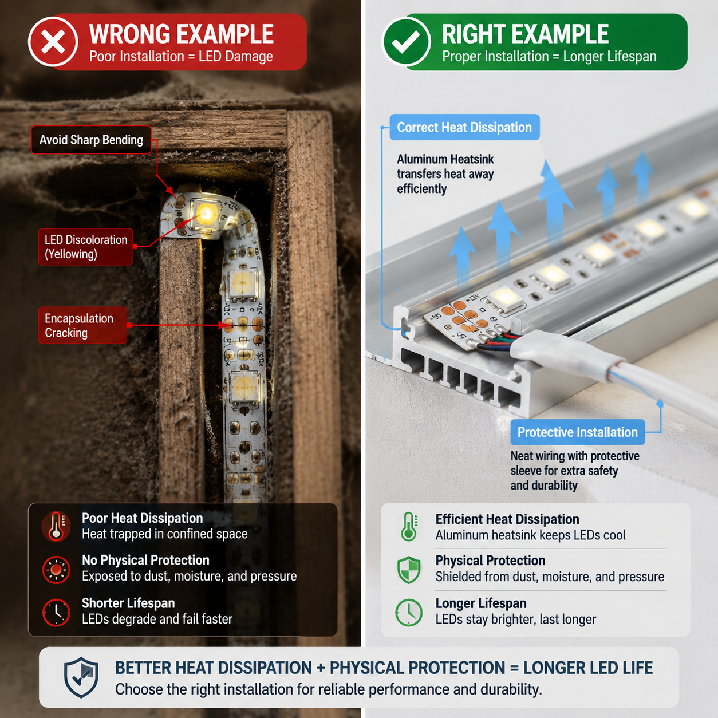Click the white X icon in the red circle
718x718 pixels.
click(x=53, y=42)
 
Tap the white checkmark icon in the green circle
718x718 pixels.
click(x=406, y=42)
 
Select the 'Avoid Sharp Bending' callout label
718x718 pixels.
click(x=91, y=140)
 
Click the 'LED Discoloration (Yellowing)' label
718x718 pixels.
click(x=86, y=247)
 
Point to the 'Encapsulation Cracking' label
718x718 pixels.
click(x=82, y=325)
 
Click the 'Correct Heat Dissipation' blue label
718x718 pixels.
click(x=464, y=127)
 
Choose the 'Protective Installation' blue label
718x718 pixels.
click(x=578, y=432)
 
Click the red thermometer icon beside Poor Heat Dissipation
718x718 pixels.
click(x=56, y=526)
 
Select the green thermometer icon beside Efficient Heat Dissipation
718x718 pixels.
click(x=409, y=526)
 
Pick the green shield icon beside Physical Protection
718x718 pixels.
click(x=409, y=570)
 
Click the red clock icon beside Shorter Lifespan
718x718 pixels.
click(x=56, y=612)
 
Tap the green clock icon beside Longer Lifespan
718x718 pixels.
click(x=409, y=612)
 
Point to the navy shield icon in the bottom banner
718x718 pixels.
click(x=81, y=677)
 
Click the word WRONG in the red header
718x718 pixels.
click(x=129, y=34)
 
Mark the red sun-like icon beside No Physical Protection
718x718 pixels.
click(x=56, y=570)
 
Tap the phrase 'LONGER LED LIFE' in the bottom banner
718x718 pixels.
click(x=588, y=667)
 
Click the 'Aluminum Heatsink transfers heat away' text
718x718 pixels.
click(x=445, y=167)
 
